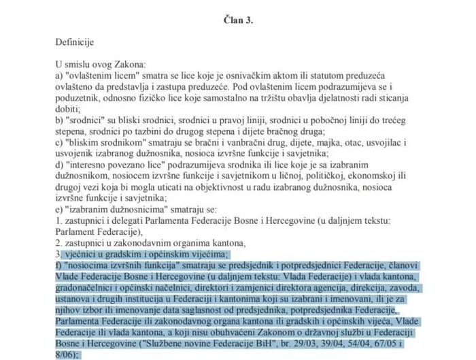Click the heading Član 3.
(238, 20)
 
